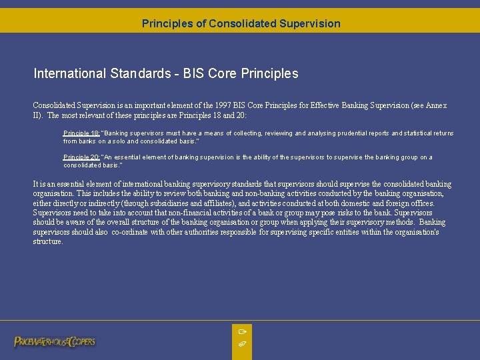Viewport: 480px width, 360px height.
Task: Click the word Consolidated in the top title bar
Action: point(241,23)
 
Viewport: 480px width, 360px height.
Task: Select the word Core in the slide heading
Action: point(226,73)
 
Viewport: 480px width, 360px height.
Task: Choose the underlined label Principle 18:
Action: point(81,133)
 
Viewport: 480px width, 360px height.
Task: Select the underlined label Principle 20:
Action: point(81,157)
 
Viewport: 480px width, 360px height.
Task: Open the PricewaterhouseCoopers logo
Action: point(55,341)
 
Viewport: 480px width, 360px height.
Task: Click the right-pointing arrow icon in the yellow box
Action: point(242,331)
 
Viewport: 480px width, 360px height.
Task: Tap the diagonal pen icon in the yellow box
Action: point(242,343)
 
